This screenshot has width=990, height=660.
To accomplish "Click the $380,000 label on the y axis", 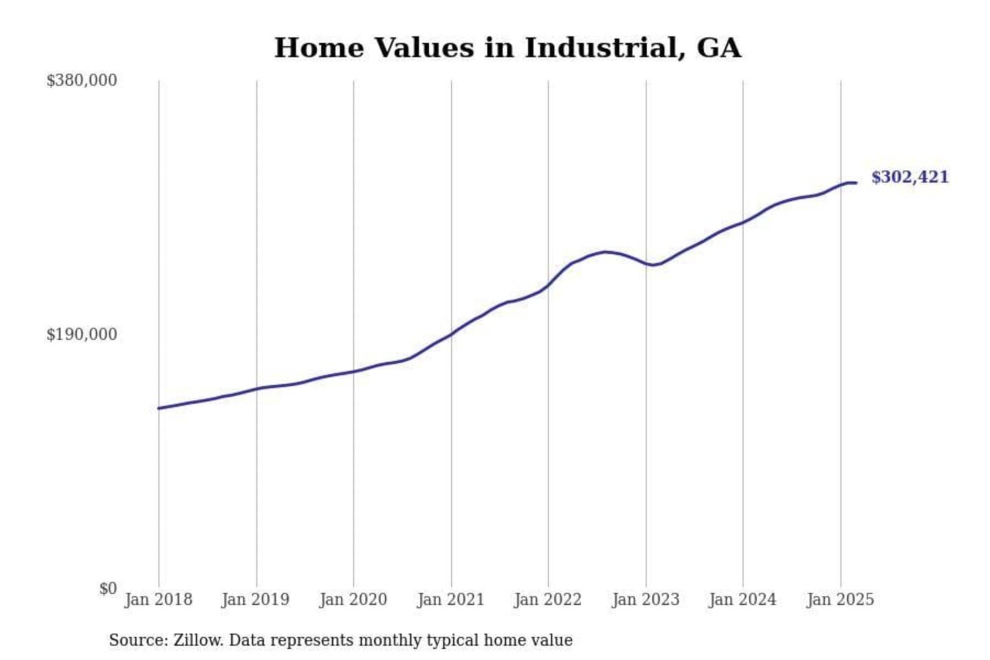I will (x=81, y=80).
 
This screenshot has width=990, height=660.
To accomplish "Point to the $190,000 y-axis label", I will (x=81, y=335).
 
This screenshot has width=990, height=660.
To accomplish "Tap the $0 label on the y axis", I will (x=108, y=588).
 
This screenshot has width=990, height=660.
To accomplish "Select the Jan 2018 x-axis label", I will (x=158, y=599).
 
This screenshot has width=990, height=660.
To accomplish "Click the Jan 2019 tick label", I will (x=256, y=599).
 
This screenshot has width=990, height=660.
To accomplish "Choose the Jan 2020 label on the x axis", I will (x=353, y=599).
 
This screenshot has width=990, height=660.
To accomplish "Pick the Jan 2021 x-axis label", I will (x=451, y=599).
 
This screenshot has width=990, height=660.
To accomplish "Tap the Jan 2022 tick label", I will (x=548, y=599).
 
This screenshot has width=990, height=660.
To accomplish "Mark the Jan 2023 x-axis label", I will (x=646, y=599).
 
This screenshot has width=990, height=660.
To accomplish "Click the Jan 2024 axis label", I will (x=742, y=599).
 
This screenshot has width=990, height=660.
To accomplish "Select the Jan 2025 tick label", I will (x=840, y=599).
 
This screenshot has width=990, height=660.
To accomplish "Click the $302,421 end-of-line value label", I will (x=910, y=177).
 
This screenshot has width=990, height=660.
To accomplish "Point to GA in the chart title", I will (x=719, y=48).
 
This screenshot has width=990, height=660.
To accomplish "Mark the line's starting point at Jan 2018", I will (x=159, y=408).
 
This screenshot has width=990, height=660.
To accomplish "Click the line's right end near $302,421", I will (x=855, y=183).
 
